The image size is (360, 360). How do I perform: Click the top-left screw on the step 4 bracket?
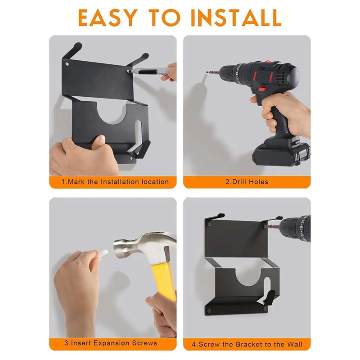(209, 221)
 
